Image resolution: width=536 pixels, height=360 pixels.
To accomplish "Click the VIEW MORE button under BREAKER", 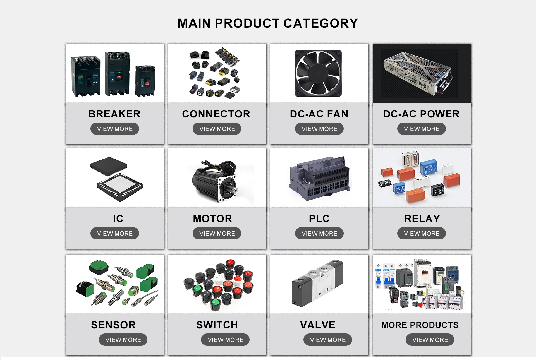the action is (x=114, y=129).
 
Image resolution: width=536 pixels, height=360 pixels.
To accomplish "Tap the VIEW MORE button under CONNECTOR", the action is (x=217, y=129).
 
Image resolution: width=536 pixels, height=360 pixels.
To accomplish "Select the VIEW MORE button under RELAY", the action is (x=422, y=233).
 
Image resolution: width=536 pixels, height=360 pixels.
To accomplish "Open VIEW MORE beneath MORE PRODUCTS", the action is (x=430, y=340).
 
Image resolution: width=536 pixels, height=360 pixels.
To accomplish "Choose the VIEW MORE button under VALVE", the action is (x=327, y=340).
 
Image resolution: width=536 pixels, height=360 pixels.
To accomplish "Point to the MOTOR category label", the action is (x=212, y=219).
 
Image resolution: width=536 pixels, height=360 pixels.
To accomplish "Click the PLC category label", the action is (x=319, y=219).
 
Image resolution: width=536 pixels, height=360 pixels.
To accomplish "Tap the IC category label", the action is (x=118, y=219).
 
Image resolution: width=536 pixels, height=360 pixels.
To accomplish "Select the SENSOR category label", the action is (x=113, y=325).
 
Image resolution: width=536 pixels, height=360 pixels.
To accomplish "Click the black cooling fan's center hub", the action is (x=318, y=73).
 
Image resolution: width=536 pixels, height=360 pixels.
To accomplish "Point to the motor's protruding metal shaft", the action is (x=234, y=190).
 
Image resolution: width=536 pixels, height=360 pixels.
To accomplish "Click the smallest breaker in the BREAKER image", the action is (x=145, y=81).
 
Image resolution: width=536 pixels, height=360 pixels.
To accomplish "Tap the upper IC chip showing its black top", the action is (x=108, y=165).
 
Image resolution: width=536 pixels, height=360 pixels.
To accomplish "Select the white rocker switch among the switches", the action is (x=219, y=278).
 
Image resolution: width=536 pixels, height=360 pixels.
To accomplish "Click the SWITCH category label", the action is (x=217, y=325).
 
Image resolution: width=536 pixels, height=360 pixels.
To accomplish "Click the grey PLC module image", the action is (x=320, y=179).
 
